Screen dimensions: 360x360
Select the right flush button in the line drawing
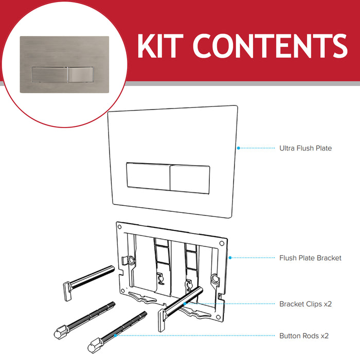(x=189, y=178)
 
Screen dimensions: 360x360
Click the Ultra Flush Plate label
(x=305, y=148)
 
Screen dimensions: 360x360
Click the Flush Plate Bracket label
(x=310, y=258)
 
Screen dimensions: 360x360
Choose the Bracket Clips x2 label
(x=305, y=304)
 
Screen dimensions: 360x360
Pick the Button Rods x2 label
(x=303, y=336)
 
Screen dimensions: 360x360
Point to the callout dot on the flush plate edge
(x=239, y=148)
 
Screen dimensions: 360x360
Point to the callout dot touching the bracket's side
(x=229, y=257)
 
